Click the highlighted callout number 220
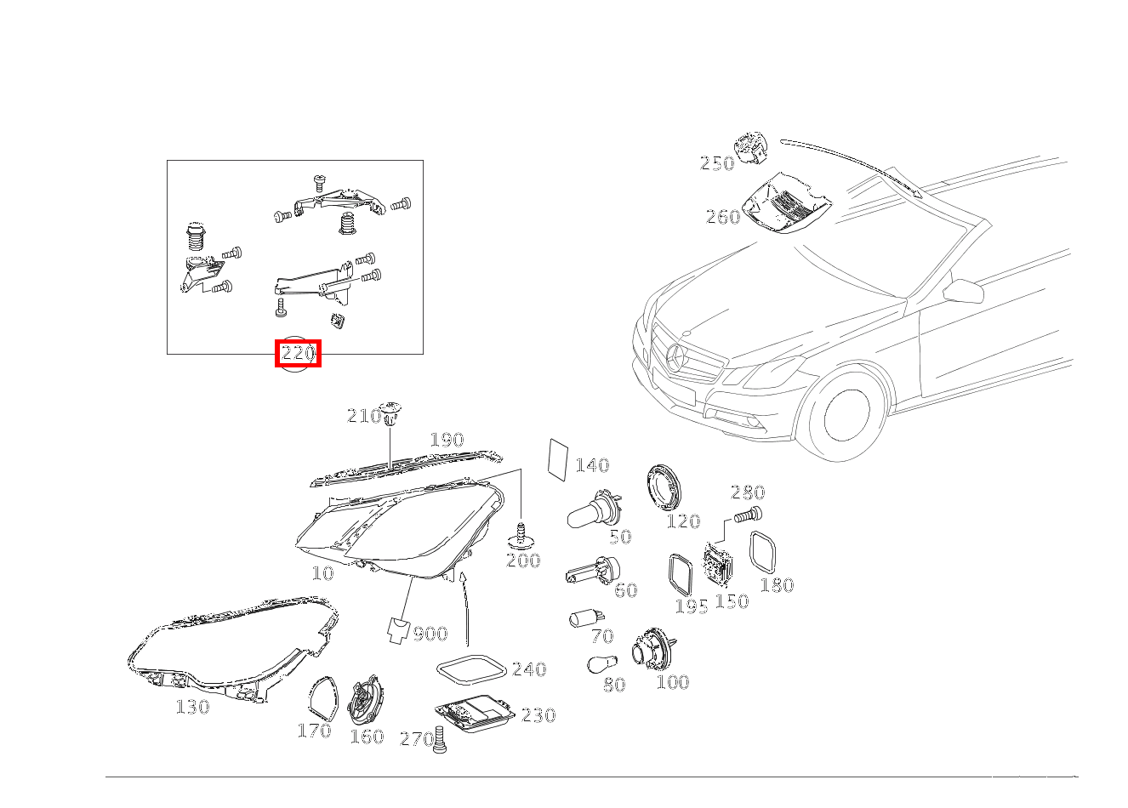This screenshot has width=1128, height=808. [x=298, y=353]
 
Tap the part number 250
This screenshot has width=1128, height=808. [x=717, y=163]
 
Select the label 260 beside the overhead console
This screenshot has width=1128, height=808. [x=723, y=217]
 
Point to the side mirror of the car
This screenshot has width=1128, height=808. [x=963, y=291]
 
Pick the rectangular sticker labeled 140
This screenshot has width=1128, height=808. [x=558, y=459]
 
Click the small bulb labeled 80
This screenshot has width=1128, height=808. [x=602, y=664]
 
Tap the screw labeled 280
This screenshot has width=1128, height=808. [x=748, y=515]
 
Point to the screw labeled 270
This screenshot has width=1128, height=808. [x=440, y=740]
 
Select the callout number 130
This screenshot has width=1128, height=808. [x=192, y=707]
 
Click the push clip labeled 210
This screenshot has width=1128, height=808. [x=390, y=413]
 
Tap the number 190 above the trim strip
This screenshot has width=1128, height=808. [x=447, y=440]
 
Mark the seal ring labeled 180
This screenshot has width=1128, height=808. [x=763, y=552]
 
